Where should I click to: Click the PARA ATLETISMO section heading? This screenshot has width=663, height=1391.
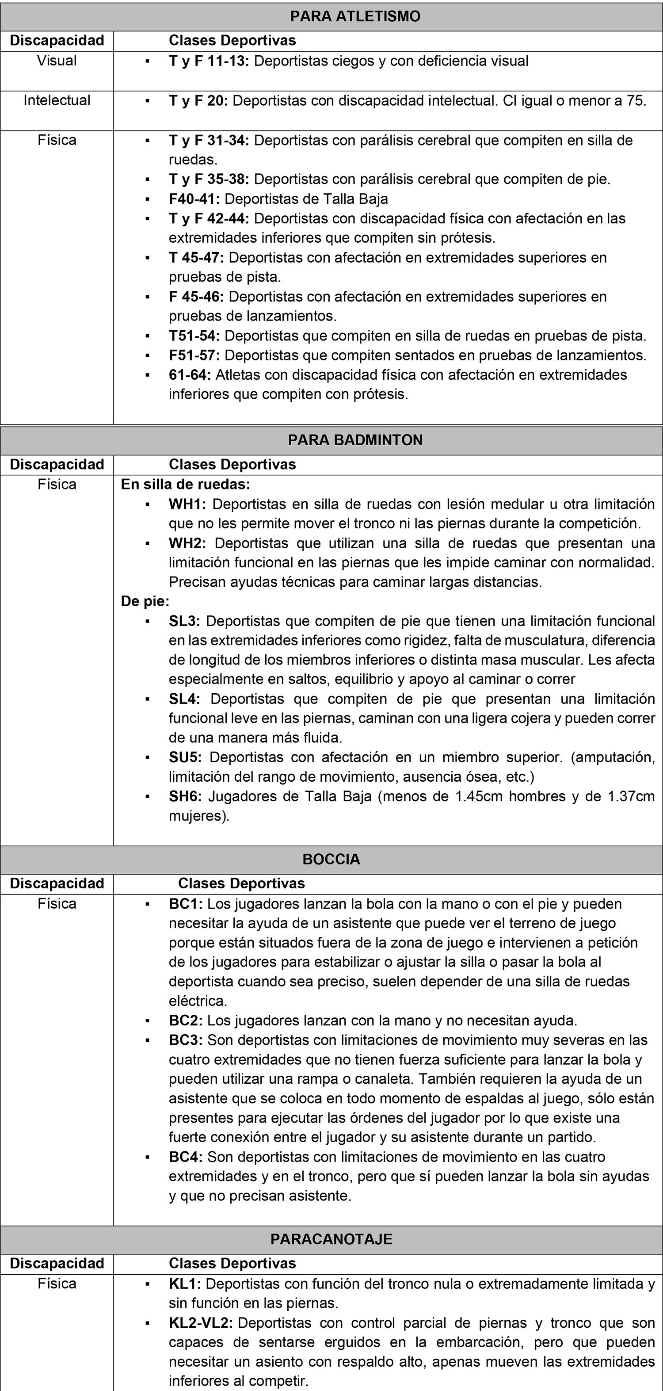pos(355,16)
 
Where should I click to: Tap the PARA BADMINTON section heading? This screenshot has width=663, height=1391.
pos(355,440)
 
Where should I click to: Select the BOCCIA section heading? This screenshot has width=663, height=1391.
pos(331,859)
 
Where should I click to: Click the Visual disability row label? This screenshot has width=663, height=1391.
pos(57,61)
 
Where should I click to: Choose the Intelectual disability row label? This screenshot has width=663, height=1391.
pos(57,101)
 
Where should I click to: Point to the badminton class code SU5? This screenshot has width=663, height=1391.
pos(185,757)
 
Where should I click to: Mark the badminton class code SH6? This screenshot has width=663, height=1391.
pos(185,796)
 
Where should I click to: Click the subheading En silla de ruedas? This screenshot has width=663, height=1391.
pos(185,484)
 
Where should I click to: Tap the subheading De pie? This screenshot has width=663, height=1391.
pos(145,601)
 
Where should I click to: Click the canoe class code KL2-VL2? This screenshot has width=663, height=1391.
pos(200,1323)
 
